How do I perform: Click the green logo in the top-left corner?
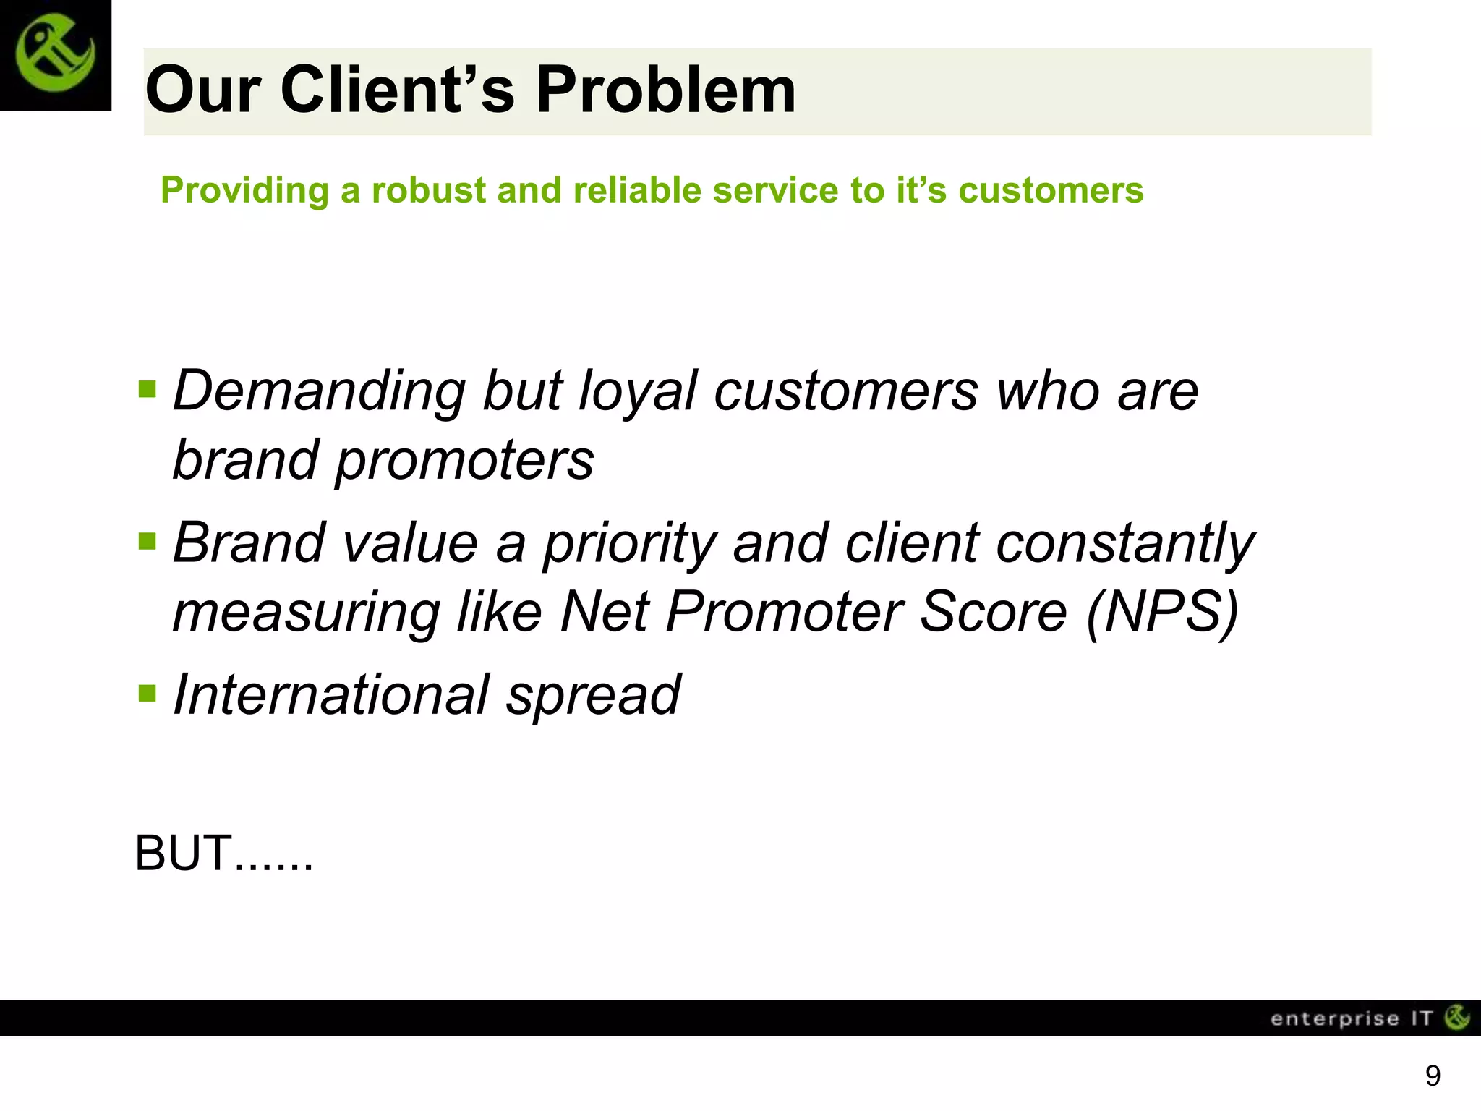55,55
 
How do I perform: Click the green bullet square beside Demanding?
147,390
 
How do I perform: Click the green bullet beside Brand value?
147,541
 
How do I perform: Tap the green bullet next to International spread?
147,694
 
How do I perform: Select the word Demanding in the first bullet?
319,392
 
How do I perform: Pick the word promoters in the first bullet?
464,461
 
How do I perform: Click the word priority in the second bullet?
630,544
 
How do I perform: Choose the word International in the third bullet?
331,695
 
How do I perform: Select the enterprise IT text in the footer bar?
1351,1018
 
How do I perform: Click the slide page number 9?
1433,1076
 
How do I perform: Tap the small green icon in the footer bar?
1457,1017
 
